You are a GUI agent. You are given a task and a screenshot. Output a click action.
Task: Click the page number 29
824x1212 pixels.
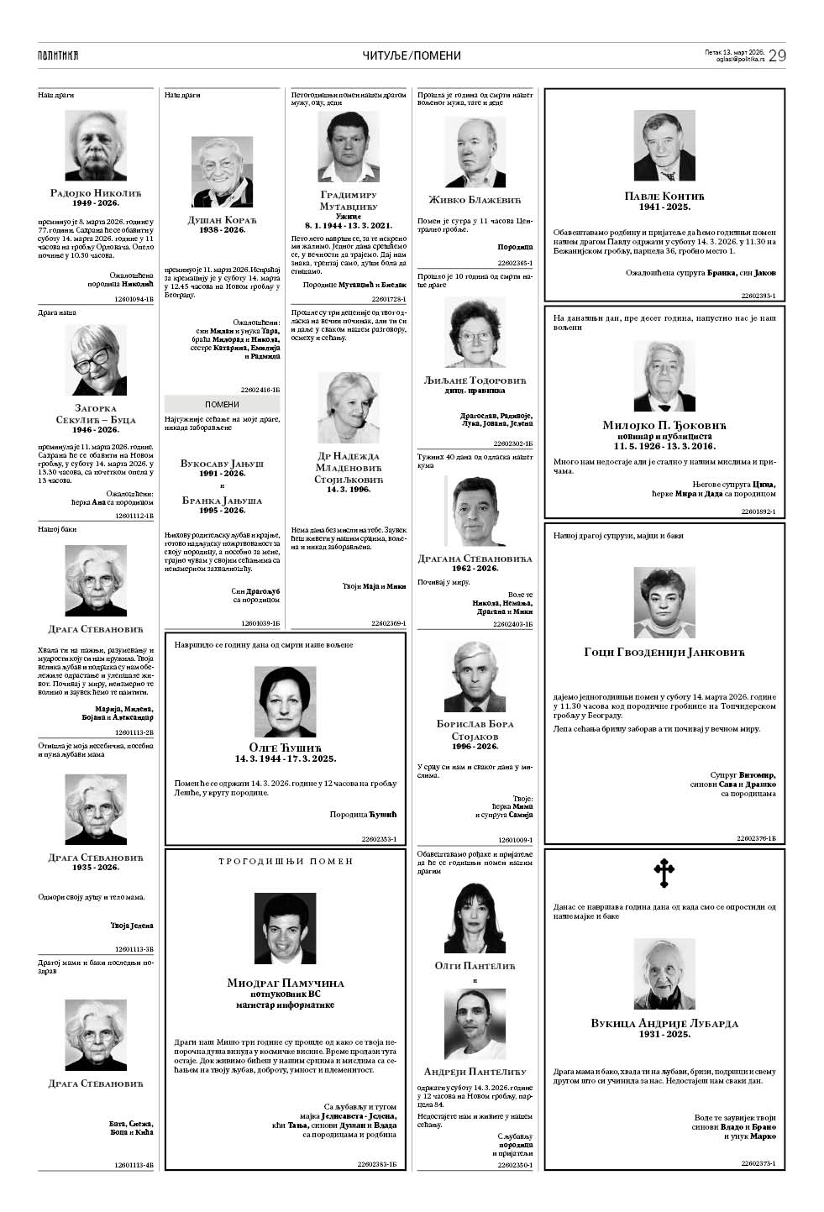778,55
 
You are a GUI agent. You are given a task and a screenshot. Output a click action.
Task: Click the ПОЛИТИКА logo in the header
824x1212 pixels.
58,55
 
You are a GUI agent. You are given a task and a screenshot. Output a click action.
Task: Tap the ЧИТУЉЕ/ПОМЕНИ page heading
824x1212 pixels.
412,55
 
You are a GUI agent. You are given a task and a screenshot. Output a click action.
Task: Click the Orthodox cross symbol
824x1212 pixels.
664,874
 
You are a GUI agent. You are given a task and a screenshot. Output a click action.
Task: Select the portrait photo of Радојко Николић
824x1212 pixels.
96,145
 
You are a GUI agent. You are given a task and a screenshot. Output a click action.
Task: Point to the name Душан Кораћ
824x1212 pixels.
222,220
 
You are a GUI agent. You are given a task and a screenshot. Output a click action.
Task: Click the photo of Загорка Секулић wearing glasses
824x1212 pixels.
96,360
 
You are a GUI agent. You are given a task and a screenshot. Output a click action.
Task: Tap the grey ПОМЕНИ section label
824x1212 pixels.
222,404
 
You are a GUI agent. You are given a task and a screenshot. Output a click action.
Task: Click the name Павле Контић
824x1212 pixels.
664,196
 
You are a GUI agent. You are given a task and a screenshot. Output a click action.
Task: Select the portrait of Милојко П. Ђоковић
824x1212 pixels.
664,376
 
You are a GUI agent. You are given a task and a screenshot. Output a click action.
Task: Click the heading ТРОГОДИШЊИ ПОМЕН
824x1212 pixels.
286,861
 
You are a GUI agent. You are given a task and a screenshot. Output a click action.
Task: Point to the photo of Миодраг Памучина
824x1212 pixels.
286,927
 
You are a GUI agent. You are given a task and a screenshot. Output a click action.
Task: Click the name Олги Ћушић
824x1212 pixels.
286,748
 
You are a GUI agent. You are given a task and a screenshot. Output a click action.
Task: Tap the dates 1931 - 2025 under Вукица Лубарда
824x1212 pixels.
664,1034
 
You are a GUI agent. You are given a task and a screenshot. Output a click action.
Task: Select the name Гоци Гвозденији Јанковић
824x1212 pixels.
664,653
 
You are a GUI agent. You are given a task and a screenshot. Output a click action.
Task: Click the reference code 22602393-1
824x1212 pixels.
758,296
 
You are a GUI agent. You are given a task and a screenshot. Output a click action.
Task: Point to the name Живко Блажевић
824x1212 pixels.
475,200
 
